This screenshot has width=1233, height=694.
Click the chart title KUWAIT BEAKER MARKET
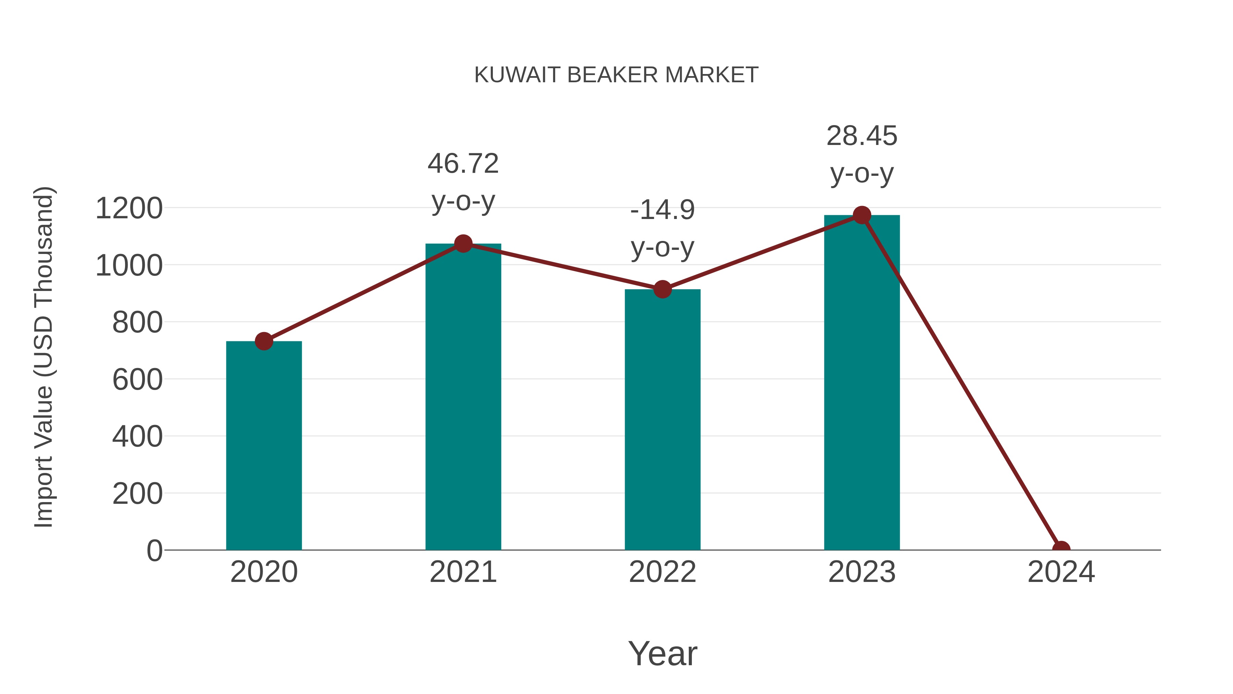(x=616, y=75)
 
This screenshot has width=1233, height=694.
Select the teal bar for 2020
(x=264, y=446)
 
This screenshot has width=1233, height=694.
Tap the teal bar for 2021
(x=463, y=398)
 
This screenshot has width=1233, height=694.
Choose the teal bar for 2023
(x=862, y=383)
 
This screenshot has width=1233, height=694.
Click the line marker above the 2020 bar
(x=264, y=341)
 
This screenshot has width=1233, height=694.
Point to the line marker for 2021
(x=463, y=244)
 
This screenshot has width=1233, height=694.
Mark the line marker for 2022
(x=662, y=289)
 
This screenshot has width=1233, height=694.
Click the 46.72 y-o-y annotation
(x=463, y=182)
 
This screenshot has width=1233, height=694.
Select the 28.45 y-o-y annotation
(x=862, y=154)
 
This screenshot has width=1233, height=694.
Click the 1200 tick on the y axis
(x=129, y=208)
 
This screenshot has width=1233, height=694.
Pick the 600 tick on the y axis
(x=137, y=380)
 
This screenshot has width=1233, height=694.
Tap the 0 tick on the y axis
(x=154, y=550)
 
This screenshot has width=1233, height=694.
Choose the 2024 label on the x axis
(x=1061, y=572)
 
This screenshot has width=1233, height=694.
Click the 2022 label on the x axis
(x=662, y=572)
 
